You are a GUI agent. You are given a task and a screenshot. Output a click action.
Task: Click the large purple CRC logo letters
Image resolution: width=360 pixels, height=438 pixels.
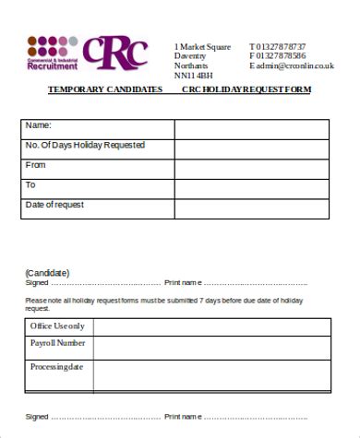(114, 53)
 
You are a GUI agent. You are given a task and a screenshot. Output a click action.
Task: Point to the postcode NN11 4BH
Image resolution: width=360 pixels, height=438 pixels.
(193, 77)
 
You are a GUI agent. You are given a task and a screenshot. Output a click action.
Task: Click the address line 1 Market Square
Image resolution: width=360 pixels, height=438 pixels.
(202, 46)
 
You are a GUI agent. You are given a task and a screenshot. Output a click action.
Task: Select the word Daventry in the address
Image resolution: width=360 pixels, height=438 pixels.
(191, 56)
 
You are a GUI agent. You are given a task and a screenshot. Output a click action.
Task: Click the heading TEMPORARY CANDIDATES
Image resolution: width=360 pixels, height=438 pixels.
(105, 89)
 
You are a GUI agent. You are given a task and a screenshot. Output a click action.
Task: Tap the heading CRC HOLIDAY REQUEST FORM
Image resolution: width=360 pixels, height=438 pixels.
(246, 89)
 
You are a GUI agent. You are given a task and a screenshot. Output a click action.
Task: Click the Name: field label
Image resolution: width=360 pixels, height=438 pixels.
(38, 125)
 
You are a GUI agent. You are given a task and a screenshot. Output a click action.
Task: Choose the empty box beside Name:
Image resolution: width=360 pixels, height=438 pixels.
(251, 128)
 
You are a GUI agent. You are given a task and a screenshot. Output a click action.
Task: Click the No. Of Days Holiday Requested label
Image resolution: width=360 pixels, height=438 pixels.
(85, 146)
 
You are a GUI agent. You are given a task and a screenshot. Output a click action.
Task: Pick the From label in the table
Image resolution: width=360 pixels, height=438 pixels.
(36, 165)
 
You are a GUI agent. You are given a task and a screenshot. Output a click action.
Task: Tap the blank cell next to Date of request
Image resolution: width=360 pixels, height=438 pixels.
(251, 207)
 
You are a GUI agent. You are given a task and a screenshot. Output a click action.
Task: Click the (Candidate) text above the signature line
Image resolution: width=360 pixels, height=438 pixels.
(47, 273)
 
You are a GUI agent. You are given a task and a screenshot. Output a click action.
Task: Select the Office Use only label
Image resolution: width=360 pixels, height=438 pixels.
(57, 326)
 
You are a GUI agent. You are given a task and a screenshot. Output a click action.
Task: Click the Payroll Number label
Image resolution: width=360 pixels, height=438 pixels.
(58, 343)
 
